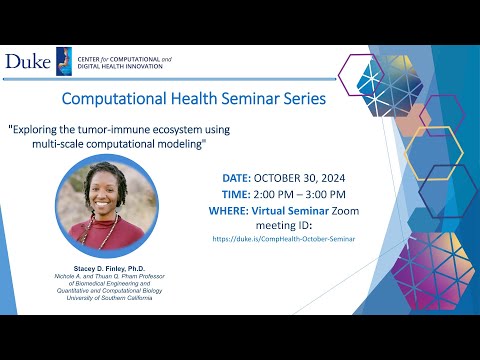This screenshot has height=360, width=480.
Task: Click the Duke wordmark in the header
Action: pos(27,62)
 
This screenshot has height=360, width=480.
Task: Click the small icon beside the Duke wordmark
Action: pos(62,61)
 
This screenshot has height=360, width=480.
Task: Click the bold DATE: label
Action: pos(238,177)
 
